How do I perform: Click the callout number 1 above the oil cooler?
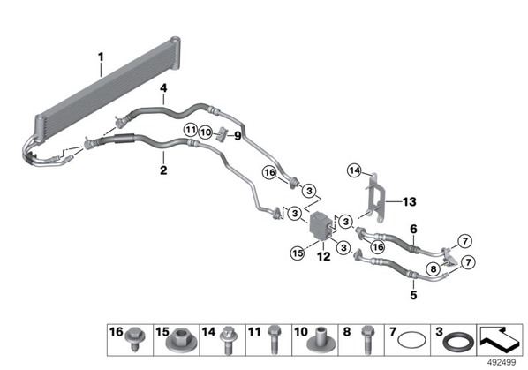tap(101, 57)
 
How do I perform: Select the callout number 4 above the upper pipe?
tap(163, 88)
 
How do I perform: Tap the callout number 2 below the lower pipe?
tap(163, 170)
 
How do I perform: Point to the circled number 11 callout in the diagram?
tap(191, 130)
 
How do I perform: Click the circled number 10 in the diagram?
tap(206, 132)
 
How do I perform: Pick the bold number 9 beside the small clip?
tap(238, 136)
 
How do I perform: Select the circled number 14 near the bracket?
tap(355, 170)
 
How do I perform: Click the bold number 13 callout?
tap(410, 202)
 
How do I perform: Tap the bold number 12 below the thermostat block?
tap(324, 257)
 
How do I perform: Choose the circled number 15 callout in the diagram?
tap(298, 253)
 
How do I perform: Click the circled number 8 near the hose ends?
tap(433, 268)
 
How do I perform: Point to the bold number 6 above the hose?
tap(413, 230)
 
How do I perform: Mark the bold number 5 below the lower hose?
tap(413, 295)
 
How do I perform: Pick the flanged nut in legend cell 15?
tap(177, 343)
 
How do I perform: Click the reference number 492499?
tap(502, 363)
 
